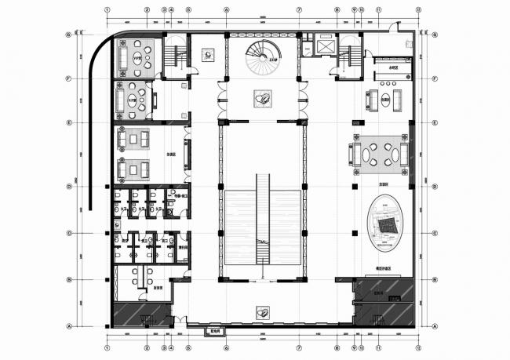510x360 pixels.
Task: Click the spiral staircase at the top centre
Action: [258, 56]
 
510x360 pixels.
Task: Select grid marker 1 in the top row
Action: [107, 11]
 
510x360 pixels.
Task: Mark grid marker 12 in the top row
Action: [417, 11]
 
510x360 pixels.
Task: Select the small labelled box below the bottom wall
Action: [214, 330]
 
